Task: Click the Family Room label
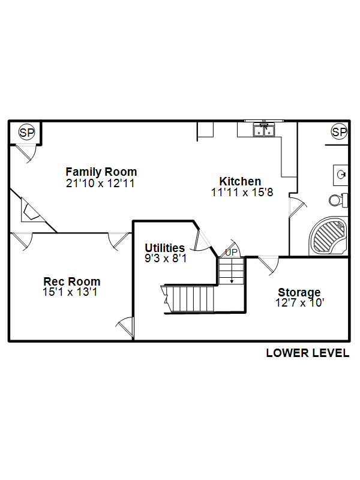tap(101, 172)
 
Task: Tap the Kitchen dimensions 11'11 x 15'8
tap(242, 192)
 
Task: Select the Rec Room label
tap(72, 281)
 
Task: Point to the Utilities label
tap(164, 248)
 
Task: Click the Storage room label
tap(299, 292)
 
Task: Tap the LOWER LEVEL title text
tap(308, 353)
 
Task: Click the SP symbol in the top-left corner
tap(27, 133)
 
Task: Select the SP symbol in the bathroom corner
tap(339, 132)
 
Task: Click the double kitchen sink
tap(264, 130)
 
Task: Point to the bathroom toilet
tap(338, 200)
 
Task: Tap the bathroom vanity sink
tap(341, 175)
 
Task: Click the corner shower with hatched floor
tap(328, 236)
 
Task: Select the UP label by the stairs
tap(231, 253)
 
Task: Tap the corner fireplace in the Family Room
tap(32, 211)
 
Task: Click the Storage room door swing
tap(269, 265)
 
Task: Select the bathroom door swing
tap(297, 208)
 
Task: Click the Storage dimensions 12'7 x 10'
tap(299, 303)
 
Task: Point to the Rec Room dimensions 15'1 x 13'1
tap(70, 292)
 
